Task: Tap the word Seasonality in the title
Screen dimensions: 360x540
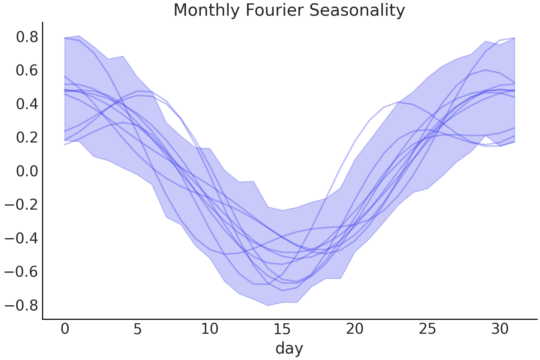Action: [357, 10]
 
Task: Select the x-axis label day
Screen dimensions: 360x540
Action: [289, 348]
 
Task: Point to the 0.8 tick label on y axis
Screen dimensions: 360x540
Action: [27, 37]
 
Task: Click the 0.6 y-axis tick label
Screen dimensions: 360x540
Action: [27, 70]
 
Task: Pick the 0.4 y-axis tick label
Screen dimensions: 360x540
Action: [27, 104]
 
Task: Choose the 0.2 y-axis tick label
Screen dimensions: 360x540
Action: [27, 138]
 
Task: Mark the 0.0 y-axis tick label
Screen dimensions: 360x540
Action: [27, 171]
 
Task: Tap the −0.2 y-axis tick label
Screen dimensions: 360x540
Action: [21, 205]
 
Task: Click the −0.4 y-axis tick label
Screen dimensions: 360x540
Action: [21, 238]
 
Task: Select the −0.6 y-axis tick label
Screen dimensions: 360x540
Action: [21, 271]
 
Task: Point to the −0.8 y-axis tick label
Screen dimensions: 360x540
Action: [21, 305]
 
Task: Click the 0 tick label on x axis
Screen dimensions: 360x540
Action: [65, 329]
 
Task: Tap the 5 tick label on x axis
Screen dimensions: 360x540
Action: [137, 329]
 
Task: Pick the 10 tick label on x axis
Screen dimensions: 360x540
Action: [210, 329]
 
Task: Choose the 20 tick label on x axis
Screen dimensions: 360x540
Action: [355, 329]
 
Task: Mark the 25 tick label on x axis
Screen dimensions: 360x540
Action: [427, 329]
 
